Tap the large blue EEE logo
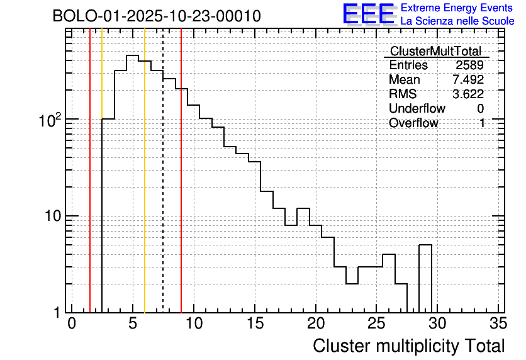pyautogui.click(x=368, y=14)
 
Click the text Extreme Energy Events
pyautogui.click(x=456, y=8)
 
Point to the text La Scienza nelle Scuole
pyautogui.click(x=457, y=21)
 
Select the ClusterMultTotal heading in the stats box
pyautogui.click(x=435, y=52)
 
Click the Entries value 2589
pyautogui.click(x=470, y=65)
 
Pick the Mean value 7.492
pyautogui.click(x=468, y=80)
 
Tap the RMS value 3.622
pyautogui.click(x=468, y=94)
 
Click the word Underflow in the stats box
pyautogui.click(x=417, y=109)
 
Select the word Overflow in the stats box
pyautogui.click(x=413, y=123)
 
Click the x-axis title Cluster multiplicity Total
pyautogui.click(x=408, y=346)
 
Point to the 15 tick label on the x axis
pyautogui.click(x=255, y=323)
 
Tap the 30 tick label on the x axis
pyautogui.click(x=438, y=323)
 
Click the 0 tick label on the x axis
pyautogui.click(x=72, y=323)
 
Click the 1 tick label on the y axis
pyautogui.click(x=56, y=312)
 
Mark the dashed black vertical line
pyautogui.click(x=163, y=189)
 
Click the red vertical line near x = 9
pyautogui.click(x=181, y=189)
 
